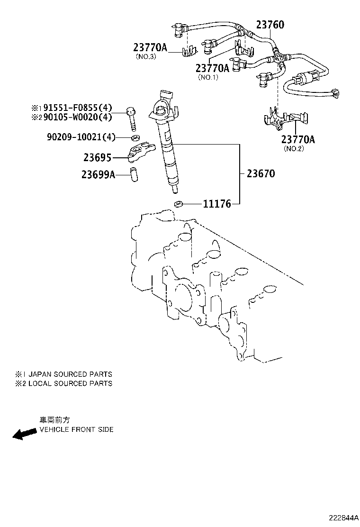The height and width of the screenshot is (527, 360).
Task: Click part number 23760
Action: point(270,25)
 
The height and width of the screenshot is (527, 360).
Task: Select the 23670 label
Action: point(261,173)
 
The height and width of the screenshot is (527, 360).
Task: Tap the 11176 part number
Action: point(216,204)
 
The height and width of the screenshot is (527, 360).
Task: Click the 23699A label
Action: point(98,174)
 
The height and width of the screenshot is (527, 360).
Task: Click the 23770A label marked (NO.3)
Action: point(150,47)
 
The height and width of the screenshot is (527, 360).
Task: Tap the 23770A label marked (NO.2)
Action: point(298,139)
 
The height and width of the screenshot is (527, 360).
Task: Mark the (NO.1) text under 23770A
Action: point(208,77)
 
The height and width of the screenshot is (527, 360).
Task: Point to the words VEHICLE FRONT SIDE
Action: point(76,429)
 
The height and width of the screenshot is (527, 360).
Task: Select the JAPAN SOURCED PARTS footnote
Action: point(70,374)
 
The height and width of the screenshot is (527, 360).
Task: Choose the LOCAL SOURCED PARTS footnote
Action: point(70,383)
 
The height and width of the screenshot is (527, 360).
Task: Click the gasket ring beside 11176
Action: point(179,205)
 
